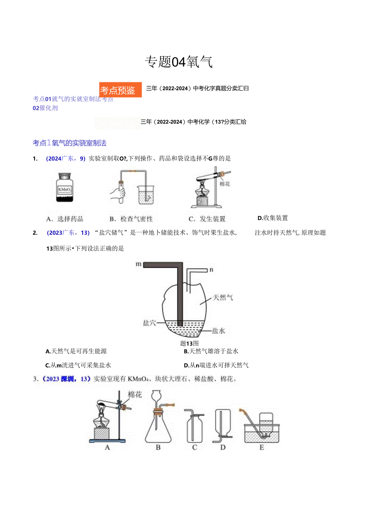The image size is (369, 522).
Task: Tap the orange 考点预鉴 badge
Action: pyautogui.click(x=120, y=90)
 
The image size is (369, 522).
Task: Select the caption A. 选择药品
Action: pyautogui.click(x=65, y=219)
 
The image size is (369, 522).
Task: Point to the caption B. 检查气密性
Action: pyautogui.click(x=131, y=219)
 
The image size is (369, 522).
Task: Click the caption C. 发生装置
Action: pyautogui.click(x=207, y=219)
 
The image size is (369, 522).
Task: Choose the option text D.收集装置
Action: pyautogui.click(x=273, y=218)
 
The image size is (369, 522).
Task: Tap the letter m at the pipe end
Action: pyautogui.click(x=139, y=264)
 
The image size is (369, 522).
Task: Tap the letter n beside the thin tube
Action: pyautogui.click(x=211, y=270)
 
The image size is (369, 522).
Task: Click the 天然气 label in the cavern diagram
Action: pyautogui.click(x=223, y=297)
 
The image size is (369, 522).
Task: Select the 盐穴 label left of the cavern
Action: pyautogui.click(x=149, y=322)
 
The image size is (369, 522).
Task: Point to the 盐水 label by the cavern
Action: pyautogui.click(x=219, y=331)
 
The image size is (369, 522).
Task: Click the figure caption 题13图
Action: pyautogui.click(x=189, y=343)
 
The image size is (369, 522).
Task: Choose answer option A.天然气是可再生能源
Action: pyautogui.click(x=76, y=351)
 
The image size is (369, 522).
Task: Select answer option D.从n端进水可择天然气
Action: pyautogui.click(x=216, y=365)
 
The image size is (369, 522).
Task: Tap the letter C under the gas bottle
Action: pyautogui.click(x=195, y=447)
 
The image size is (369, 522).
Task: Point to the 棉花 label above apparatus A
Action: pyautogui.click(x=135, y=394)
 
